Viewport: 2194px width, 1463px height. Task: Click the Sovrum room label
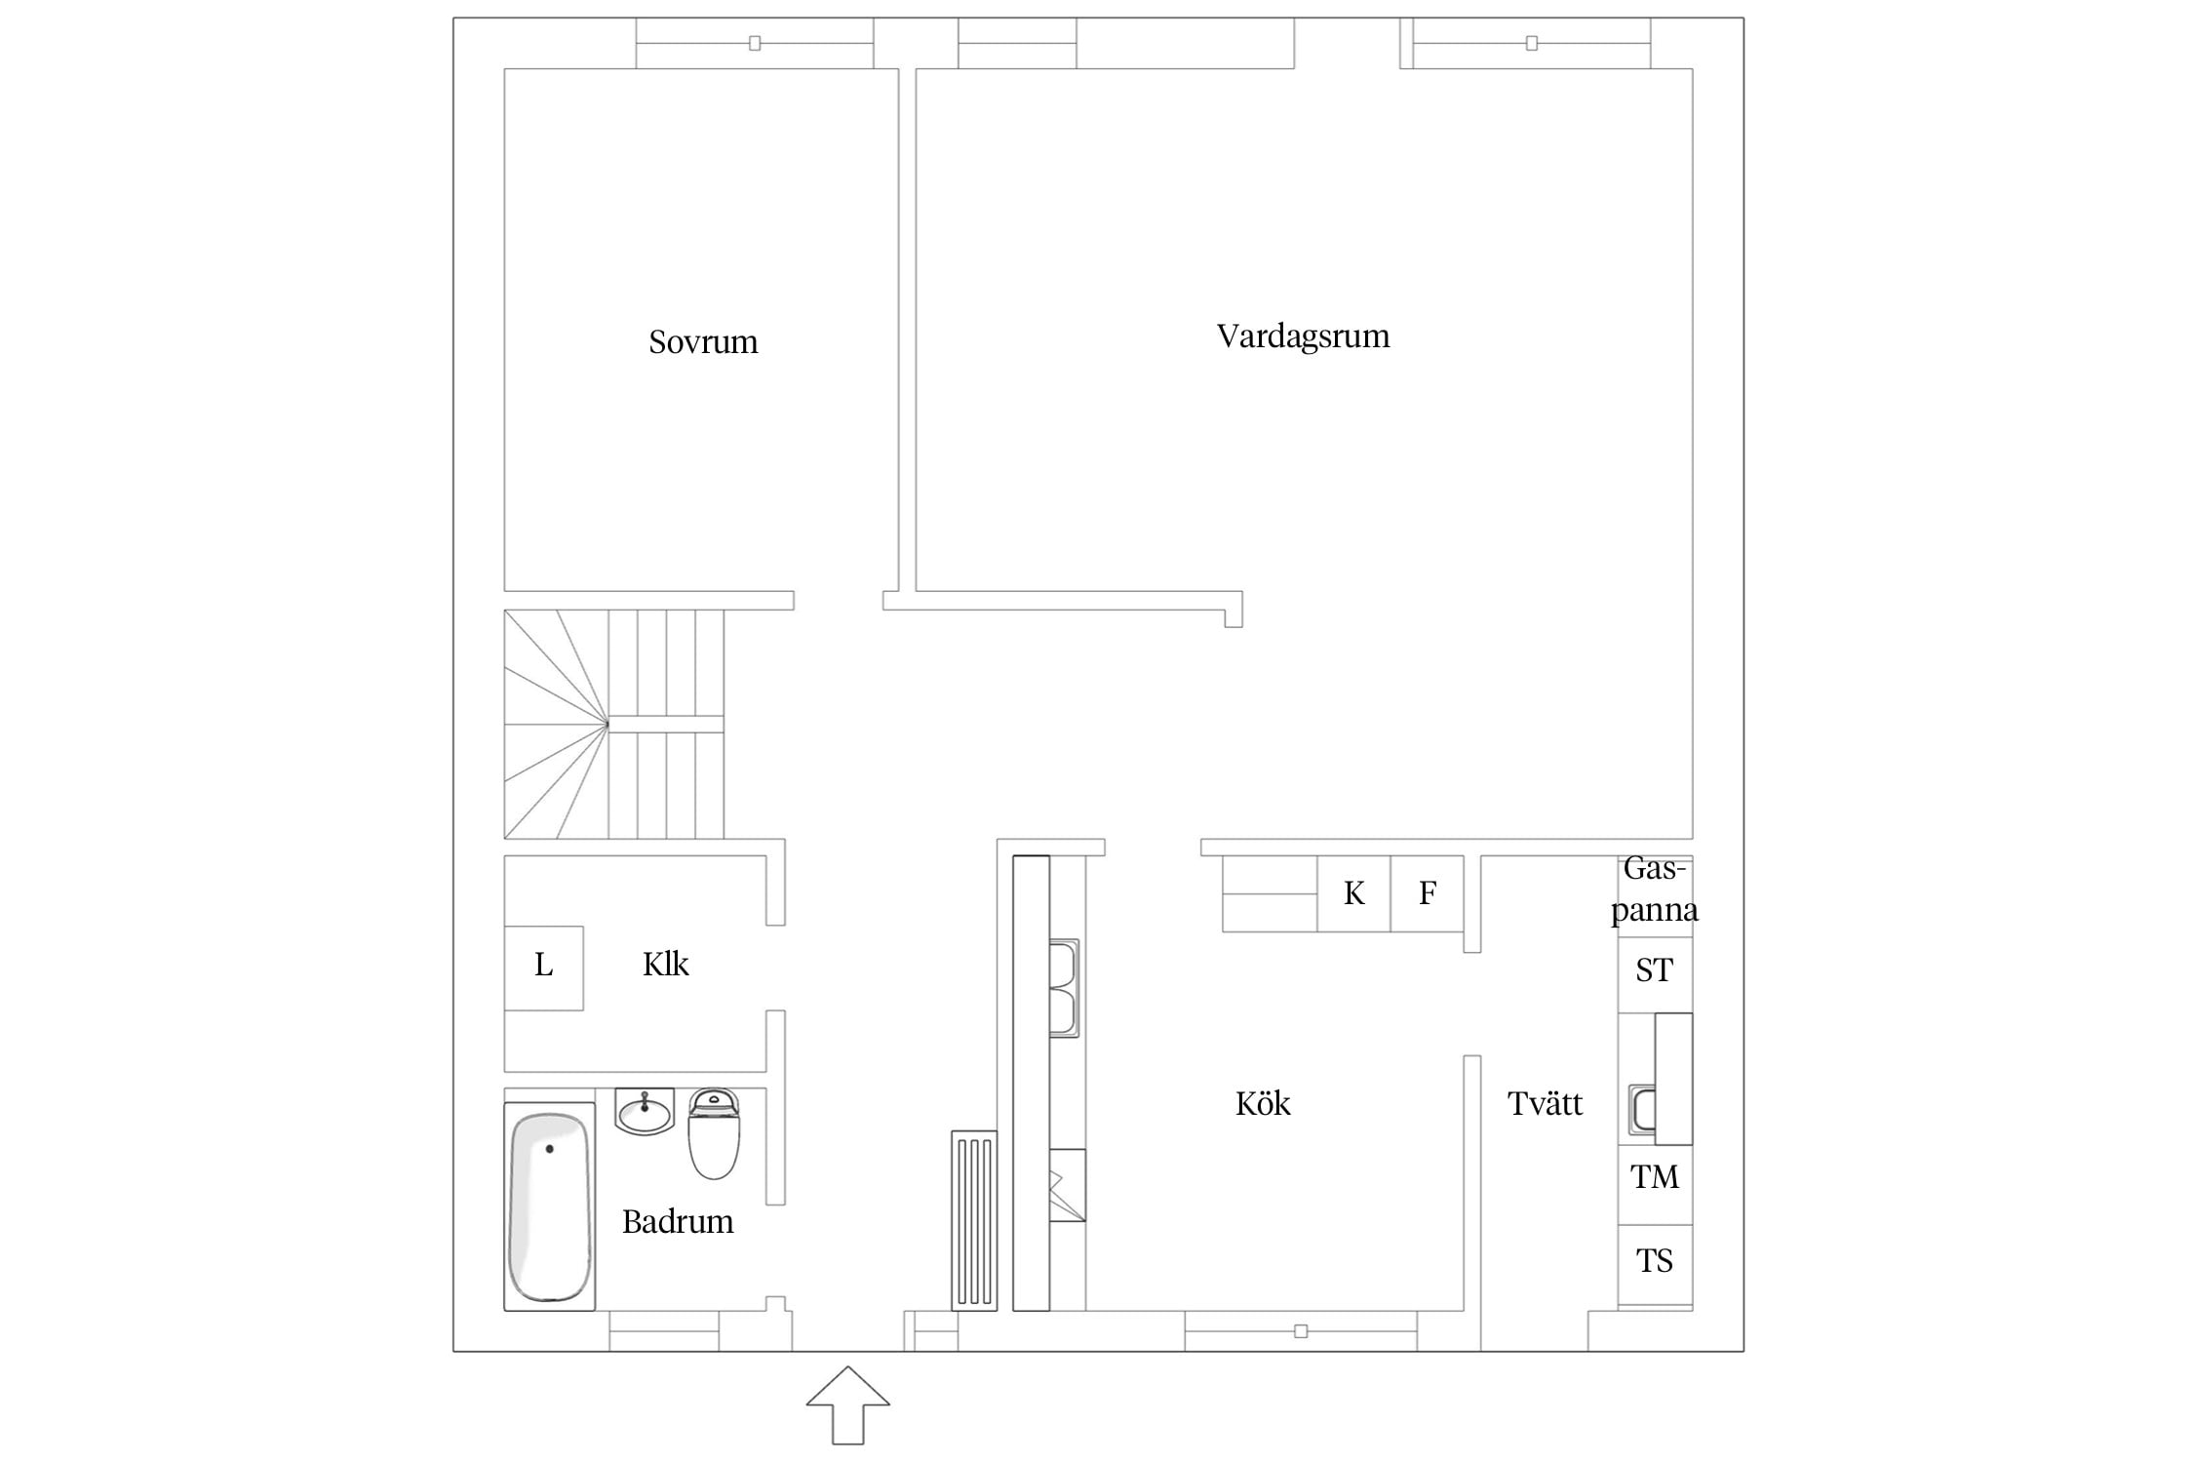(x=703, y=341)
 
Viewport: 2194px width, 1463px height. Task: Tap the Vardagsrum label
(x=1303, y=336)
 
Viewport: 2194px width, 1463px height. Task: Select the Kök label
(x=1263, y=1103)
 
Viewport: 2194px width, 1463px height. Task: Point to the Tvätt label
(x=1545, y=1103)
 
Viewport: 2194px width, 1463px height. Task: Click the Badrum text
(x=678, y=1221)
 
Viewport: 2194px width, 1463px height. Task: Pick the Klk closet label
(x=665, y=964)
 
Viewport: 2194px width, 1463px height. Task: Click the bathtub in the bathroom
(x=550, y=1206)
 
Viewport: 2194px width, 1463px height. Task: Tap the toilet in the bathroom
(x=714, y=1133)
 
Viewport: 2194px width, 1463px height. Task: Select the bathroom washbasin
(x=645, y=1111)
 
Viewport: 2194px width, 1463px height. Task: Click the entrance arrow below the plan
(x=847, y=1404)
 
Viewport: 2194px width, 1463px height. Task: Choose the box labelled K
(x=1353, y=893)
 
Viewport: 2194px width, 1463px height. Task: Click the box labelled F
(x=1427, y=893)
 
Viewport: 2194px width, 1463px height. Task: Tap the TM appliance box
(x=1655, y=1176)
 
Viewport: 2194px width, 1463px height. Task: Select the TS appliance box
(x=1655, y=1261)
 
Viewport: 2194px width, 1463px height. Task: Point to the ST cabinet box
(x=1655, y=969)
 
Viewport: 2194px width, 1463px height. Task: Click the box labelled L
(x=543, y=968)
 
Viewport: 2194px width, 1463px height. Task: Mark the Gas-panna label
(x=1655, y=889)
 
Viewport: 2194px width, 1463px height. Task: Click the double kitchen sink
(x=1064, y=987)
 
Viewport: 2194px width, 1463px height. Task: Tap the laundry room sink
(x=1642, y=1110)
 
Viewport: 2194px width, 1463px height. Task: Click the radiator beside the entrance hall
(x=974, y=1220)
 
